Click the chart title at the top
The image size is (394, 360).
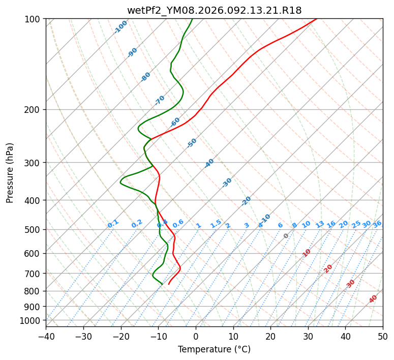tap(214, 10)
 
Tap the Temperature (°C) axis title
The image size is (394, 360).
tap(214, 350)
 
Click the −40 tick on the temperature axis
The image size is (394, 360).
tap(46, 336)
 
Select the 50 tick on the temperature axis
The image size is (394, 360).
tap(383, 336)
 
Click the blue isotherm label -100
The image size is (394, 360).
tap(121, 27)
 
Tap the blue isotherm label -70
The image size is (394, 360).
tap(160, 100)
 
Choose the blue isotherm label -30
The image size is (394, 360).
tap(227, 183)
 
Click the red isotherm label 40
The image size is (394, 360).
tap(373, 299)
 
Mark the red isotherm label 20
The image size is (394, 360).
tap(328, 268)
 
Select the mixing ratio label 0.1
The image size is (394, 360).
tap(113, 224)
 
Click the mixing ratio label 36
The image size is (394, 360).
tap(377, 224)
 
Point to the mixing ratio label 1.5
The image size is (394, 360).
tap(216, 224)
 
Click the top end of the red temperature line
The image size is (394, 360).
tap(316, 19)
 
